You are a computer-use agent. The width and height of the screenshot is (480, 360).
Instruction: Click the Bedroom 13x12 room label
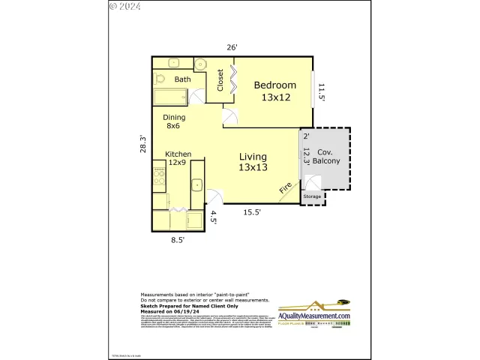click(x=274, y=91)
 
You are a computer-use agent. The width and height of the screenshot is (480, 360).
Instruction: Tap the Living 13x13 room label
click(x=253, y=161)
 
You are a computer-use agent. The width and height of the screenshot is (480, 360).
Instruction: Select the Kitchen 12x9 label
click(x=178, y=158)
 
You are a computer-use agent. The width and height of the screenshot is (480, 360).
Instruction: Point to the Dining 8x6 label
click(x=174, y=121)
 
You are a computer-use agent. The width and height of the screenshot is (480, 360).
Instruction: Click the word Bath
click(x=182, y=79)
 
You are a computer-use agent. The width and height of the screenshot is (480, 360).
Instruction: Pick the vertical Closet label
click(x=220, y=80)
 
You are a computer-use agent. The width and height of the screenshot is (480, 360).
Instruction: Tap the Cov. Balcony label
click(x=325, y=156)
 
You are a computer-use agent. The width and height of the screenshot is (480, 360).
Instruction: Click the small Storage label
click(x=312, y=197)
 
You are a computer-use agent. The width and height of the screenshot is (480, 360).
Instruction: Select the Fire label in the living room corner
click(x=286, y=189)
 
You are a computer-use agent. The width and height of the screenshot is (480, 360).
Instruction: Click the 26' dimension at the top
click(x=232, y=47)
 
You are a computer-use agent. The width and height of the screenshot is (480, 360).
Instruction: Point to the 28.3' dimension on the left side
click(x=141, y=145)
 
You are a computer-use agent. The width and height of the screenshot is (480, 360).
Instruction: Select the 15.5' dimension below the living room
click(x=252, y=212)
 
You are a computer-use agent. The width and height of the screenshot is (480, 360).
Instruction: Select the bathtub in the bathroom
click(x=170, y=96)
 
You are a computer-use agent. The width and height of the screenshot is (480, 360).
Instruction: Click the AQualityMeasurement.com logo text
click(x=314, y=316)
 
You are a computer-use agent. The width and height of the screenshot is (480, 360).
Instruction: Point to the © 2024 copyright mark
click(x=124, y=6)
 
